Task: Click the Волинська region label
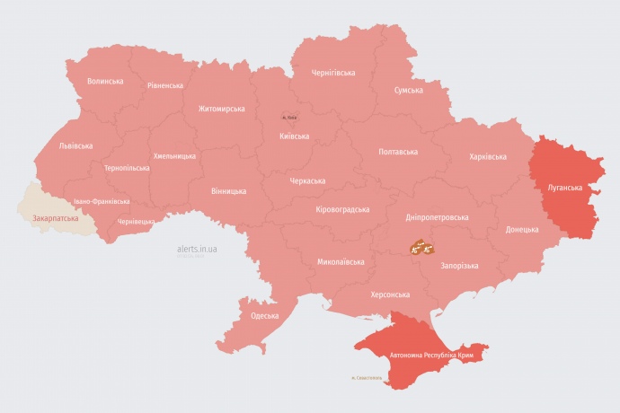tap(105, 81)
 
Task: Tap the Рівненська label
tap(164, 86)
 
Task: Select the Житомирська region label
tap(221, 109)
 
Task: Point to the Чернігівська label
tap(332, 73)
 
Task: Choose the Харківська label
tap(487, 157)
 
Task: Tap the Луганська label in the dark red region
tap(564, 188)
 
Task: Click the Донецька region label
tap(522, 230)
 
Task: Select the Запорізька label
tap(458, 266)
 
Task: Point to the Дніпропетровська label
tap(438, 217)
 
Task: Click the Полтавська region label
tap(397, 152)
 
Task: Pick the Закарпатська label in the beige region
tap(55, 218)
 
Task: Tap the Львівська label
tap(75, 145)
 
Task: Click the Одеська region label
tap(264, 316)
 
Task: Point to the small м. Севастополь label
tap(366, 378)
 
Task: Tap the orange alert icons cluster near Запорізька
tap(421, 246)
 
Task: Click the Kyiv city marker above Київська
tap(290, 117)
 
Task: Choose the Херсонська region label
tap(390, 294)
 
